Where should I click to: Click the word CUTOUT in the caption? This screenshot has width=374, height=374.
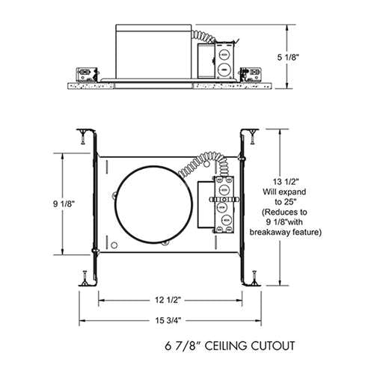coord(268,346)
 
